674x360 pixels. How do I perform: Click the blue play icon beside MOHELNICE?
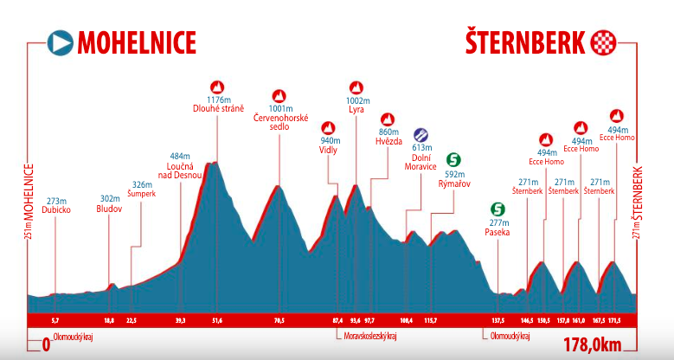pyautogui.click(x=60, y=42)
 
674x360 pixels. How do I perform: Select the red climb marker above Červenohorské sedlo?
pyautogui.click(x=279, y=96)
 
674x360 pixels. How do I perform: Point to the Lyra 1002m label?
pyautogui.click(x=356, y=106)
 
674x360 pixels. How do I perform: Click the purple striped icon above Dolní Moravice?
pyautogui.click(x=420, y=134)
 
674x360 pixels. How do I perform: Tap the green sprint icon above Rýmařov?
pyautogui.click(x=453, y=159)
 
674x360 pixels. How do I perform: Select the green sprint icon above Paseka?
pyautogui.click(x=497, y=209)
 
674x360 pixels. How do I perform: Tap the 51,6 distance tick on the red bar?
pyautogui.click(x=216, y=320)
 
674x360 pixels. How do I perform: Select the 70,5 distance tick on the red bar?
pyautogui.click(x=279, y=320)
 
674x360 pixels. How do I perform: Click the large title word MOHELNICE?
pyautogui.click(x=137, y=42)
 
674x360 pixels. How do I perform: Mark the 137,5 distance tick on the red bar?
pyautogui.click(x=497, y=320)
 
